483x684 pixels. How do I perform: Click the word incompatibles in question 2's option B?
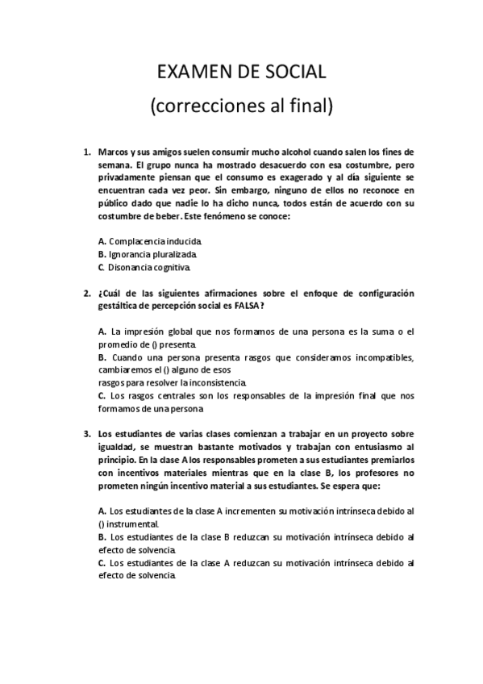379,357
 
